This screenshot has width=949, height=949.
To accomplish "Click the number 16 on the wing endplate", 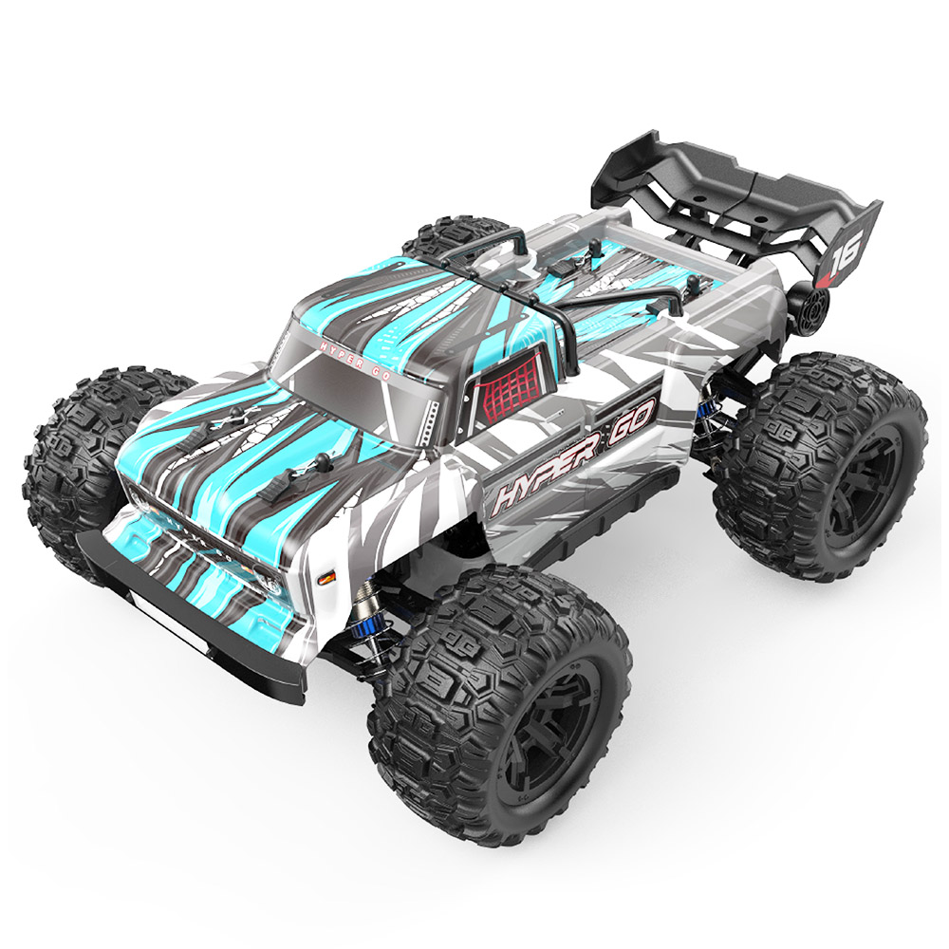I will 843,254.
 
